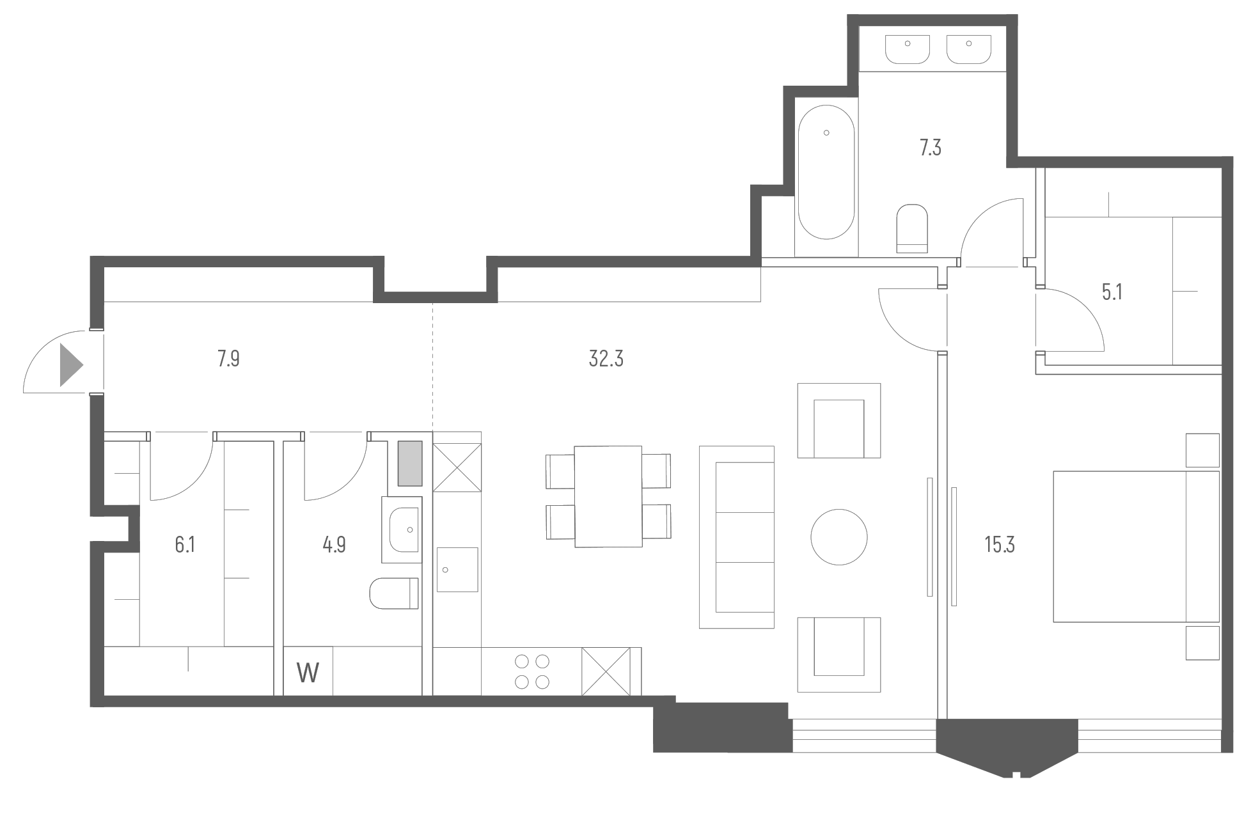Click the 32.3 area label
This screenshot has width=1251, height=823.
coord(606,359)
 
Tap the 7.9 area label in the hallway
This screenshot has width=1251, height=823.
coord(228,359)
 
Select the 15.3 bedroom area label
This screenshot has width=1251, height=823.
coord(1000,545)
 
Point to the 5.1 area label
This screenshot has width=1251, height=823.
coord(1112,292)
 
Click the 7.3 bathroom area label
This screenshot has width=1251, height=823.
coord(930,148)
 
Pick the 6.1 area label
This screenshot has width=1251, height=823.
coord(185,545)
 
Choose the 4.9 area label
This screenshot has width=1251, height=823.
coord(334,545)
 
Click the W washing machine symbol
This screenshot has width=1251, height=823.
coord(308,672)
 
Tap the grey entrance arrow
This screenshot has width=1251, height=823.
coord(70,365)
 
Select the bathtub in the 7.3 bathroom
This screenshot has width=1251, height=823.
coord(826,172)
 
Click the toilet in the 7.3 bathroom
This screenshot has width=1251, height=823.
coord(912,228)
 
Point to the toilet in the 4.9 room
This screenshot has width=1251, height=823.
coord(394,593)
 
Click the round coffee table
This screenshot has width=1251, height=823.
coord(838,537)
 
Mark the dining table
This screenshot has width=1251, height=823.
coord(608,496)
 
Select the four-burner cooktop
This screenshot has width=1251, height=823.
coord(532,671)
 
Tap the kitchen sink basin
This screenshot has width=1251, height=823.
coord(457,569)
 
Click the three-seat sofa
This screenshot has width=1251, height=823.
coord(737,537)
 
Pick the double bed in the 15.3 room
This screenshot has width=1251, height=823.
coord(1136,547)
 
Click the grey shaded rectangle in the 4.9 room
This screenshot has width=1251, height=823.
coord(410,463)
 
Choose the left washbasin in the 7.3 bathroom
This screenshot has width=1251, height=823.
coord(907,49)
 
